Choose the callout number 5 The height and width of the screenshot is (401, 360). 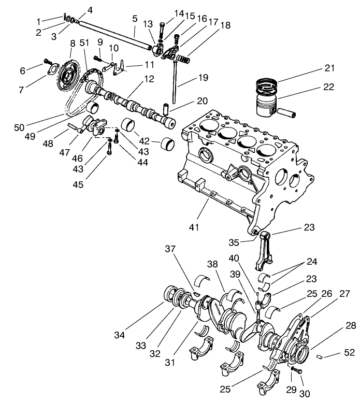pyautogui.click(x=135, y=19)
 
